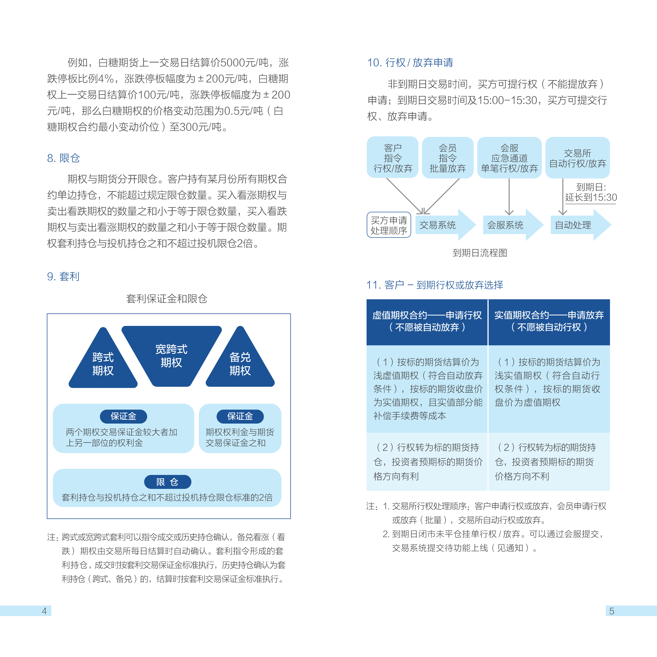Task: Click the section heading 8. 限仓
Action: point(64,158)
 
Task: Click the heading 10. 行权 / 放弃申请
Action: point(410,63)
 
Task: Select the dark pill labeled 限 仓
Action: point(168,482)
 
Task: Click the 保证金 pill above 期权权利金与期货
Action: point(240,416)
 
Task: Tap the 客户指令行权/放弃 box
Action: point(393,157)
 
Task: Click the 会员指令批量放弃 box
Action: point(448,157)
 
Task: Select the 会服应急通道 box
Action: point(509,157)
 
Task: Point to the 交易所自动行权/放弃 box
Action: point(577,157)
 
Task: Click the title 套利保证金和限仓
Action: point(167,299)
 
